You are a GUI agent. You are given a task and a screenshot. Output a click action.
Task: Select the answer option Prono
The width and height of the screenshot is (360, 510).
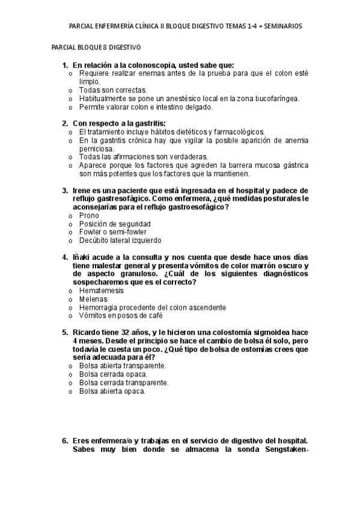[x=89, y=215]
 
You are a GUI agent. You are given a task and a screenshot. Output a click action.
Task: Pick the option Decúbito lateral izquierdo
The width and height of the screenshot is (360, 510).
[x=115, y=240]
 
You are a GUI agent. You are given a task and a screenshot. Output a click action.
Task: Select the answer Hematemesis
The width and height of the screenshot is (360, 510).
[x=101, y=290]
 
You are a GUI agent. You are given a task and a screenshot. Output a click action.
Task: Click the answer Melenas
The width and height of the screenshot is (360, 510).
[x=93, y=299]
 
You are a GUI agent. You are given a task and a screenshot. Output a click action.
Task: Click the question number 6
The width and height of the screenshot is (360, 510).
[x=64, y=440]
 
